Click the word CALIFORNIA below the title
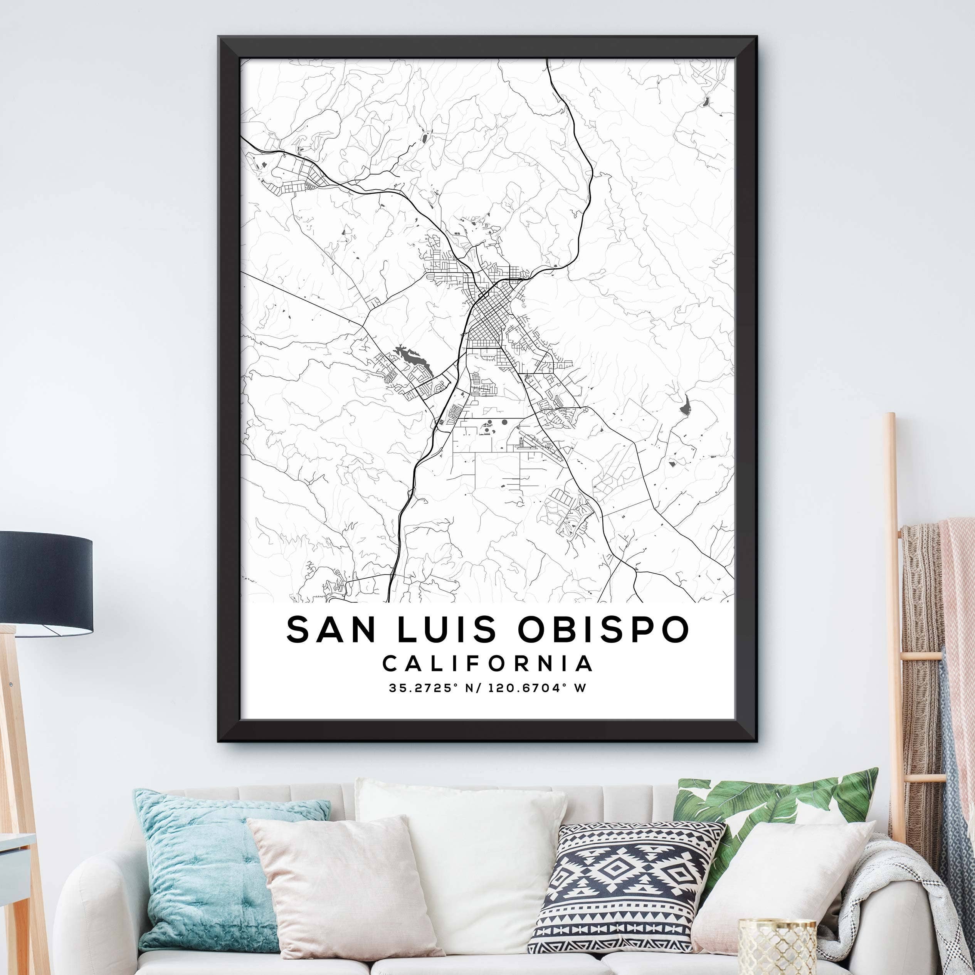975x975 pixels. [x=487, y=664]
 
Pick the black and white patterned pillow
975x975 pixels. [x=626, y=888]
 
